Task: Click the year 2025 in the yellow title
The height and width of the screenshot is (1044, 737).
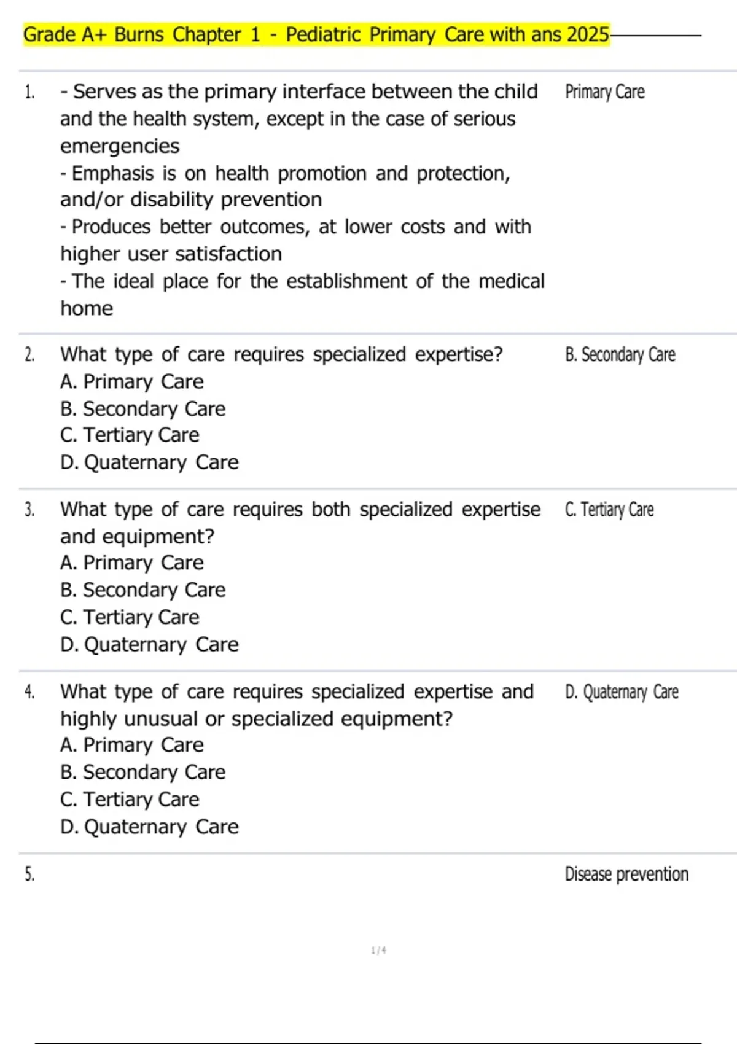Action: coord(588,34)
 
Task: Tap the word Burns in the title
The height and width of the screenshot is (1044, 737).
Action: coord(139,34)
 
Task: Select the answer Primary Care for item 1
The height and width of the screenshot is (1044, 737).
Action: coord(604,92)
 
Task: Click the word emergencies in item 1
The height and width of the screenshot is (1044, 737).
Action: coord(120,146)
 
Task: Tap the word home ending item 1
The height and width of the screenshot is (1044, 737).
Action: coord(87,308)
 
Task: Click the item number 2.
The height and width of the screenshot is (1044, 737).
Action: coord(29,355)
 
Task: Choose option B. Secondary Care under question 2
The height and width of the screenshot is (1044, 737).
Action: coord(142,408)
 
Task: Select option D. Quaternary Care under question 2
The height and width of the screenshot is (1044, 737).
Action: coord(149,462)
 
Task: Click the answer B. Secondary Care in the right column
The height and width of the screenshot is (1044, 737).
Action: coord(620,355)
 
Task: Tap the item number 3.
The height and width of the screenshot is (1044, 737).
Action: coord(29,510)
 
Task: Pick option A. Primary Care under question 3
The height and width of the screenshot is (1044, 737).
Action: coord(131,563)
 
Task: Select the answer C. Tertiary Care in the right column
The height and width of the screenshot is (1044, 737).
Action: coord(609,510)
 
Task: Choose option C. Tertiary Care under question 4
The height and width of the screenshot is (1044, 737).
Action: coord(130,799)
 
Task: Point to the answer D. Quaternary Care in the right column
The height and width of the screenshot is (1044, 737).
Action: coord(621,692)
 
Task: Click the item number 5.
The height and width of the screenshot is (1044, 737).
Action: coord(29,875)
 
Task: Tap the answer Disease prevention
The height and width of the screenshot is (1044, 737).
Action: coord(626,875)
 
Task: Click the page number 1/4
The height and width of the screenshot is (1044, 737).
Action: coord(378,951)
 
